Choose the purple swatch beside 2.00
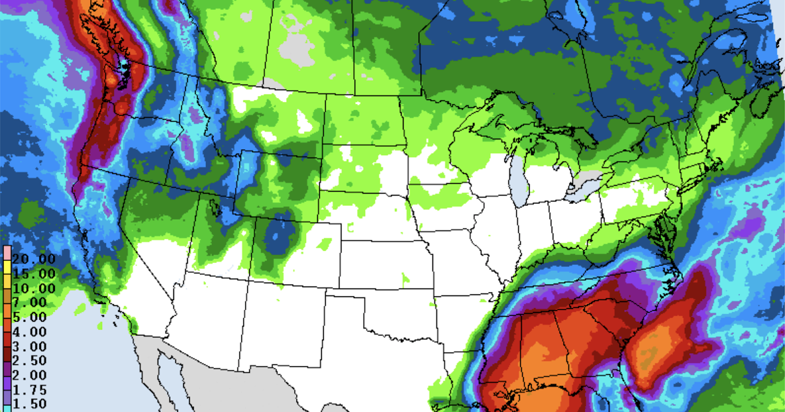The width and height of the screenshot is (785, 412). (6, 375)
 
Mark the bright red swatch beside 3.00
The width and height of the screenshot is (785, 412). (6, 346)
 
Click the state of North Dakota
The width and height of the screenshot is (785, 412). (363, 121)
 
